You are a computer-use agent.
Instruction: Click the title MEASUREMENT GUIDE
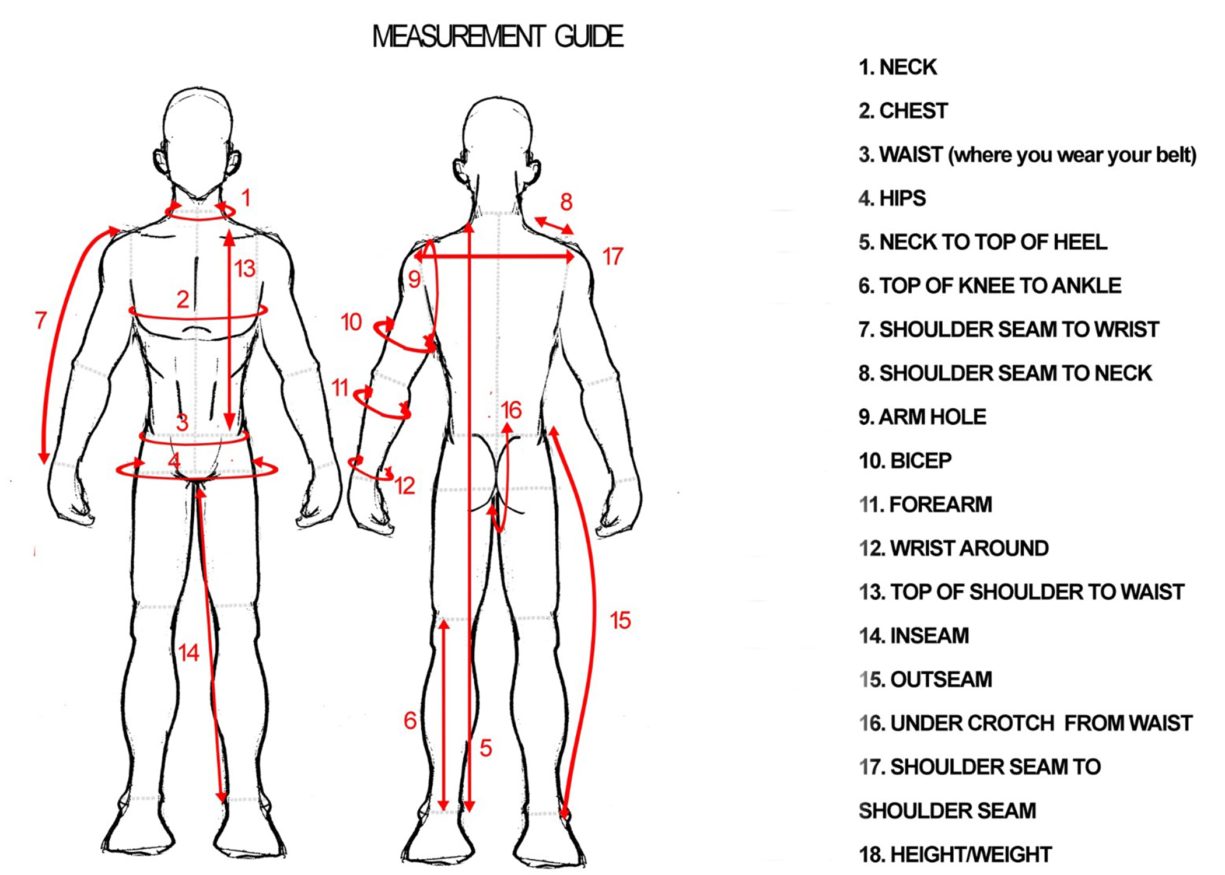coord(498,36)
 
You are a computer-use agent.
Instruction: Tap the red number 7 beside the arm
coord(40,320)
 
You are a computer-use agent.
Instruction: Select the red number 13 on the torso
coord(244,269)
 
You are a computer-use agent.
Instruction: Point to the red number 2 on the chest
coord(183,299)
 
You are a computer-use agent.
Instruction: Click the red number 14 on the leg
coord(188,653)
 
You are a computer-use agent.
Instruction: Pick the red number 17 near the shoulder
coord(612,257)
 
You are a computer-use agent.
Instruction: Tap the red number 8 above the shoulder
coord(566,202)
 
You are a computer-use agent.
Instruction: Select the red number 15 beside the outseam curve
coord(620,621)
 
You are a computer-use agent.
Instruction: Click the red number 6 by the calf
coord(410,721)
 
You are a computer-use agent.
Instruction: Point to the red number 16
coord(511,410)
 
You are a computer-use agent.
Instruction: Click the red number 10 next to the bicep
coord(351,322)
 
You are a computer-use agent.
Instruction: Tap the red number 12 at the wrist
coord(404,486)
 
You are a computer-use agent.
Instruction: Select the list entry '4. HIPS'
coord(892,198)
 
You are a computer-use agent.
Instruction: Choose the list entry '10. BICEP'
coord(905,461)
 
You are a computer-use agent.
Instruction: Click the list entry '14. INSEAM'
coord(914,636)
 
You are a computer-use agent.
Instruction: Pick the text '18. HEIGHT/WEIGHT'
coord(955,855)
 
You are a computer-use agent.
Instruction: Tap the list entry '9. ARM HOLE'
coord(922,417)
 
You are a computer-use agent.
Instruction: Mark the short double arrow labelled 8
coord(554,226)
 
